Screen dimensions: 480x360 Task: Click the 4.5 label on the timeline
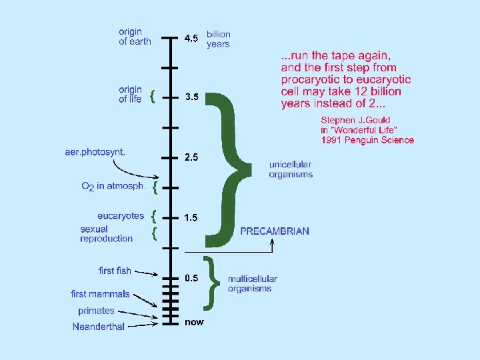[x=191, y=38]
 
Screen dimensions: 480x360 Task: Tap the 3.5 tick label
[x=191, y=97]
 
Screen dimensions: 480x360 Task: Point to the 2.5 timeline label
[x=191, y=157]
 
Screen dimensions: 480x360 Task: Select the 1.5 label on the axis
[x=191, y=217]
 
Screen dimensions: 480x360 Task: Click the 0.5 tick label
[x=191, y=278]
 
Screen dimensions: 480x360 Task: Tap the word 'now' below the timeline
[x=194, y=322]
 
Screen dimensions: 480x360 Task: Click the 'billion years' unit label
[x=219, y=39]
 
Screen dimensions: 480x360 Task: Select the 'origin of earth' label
[x=135, y=36]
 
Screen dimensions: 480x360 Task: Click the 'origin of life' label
[x=131, y=94]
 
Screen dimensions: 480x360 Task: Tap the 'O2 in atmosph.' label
[x=113, y=187]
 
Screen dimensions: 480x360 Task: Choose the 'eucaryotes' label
[x=121, y=215]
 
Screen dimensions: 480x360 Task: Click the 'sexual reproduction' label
[x=106, y=233]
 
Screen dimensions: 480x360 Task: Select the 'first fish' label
[x=115, y=271]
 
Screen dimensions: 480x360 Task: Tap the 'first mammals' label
[x=100, y=294]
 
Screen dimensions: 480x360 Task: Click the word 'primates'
[x=96, y=311]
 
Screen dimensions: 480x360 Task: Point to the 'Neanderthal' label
[x=98, y=326]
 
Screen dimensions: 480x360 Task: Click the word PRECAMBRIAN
[x=275, y=231]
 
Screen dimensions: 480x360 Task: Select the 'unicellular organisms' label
[x=291, y=169]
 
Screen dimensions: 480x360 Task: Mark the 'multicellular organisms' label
[x=253, y=283]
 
